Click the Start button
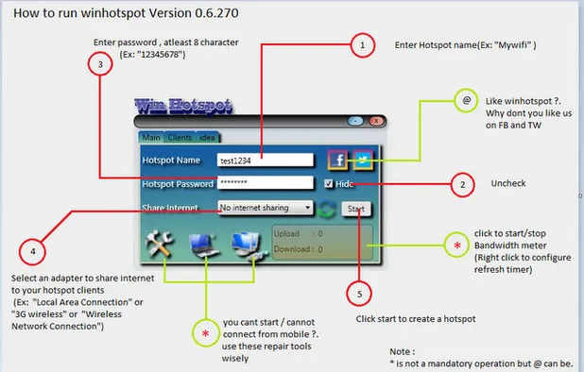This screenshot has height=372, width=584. coord(356,209)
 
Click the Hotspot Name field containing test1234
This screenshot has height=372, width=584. coord(264,161)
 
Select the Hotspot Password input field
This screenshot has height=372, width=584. coord(264,183)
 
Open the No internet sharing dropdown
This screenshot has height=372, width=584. coord(266,207)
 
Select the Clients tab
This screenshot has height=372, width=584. coord(181,138)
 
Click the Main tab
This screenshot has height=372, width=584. coord(151,138)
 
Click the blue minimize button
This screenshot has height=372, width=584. coord(354,121)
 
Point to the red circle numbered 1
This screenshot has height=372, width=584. coord(359,44)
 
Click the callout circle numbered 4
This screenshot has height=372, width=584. coord(33,252)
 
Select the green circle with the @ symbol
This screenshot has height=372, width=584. coord(465,98)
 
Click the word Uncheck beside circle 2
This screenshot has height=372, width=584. coord(507,183)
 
